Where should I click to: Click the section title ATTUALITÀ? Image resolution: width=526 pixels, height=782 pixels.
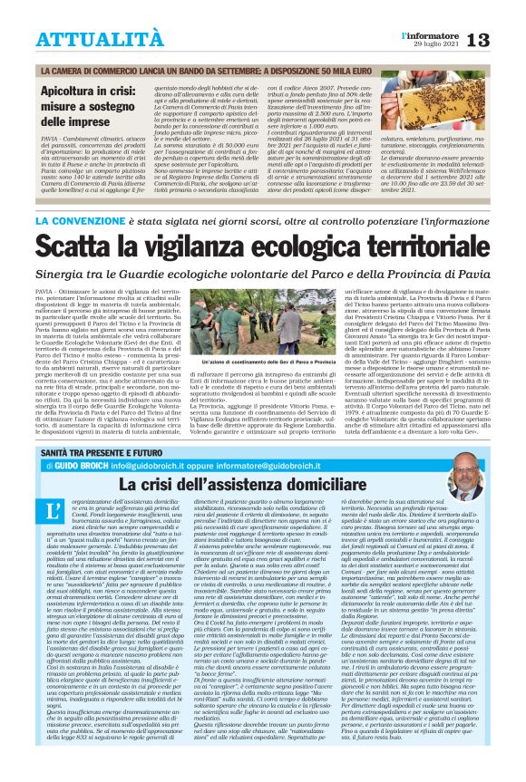coord(86,38)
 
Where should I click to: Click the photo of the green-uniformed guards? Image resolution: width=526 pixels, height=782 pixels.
coord(262,317)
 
